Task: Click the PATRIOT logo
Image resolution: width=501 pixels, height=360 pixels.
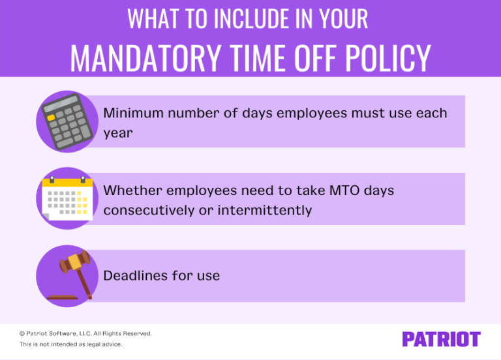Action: point(441,339)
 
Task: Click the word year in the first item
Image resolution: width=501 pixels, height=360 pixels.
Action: point(117,133)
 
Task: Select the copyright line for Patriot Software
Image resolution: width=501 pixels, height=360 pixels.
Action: point(85,333)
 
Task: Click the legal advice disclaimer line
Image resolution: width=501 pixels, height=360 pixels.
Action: point(70,344)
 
